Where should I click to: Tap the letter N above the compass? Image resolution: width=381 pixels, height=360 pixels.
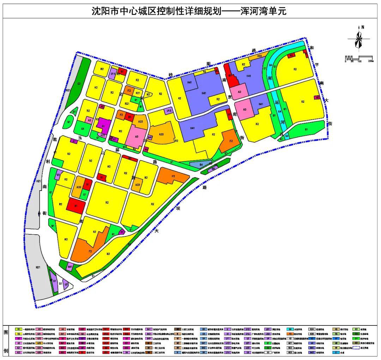[363, 27]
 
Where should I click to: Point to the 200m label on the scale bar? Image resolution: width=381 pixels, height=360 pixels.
[370, 61]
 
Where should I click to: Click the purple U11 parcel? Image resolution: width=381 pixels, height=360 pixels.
[113, 74]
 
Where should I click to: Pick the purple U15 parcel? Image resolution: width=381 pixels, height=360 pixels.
[169, 111]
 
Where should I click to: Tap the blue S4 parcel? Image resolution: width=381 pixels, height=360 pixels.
[201, 164]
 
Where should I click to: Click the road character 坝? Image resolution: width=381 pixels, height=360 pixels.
[178, 209]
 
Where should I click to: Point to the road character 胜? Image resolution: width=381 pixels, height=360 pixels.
[55, 139]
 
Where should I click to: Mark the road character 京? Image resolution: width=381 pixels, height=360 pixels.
[230, 97]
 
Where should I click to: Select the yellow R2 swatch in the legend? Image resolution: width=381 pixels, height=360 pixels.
[18, 334]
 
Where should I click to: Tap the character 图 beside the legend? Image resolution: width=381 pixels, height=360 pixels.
[6, 332]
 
